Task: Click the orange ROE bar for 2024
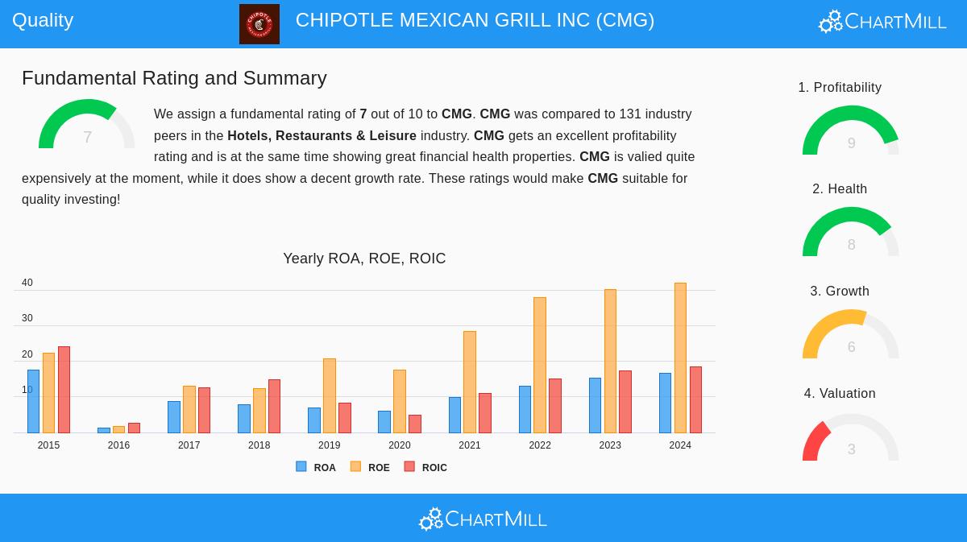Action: pos(680,358)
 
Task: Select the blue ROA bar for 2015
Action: pos(33,401)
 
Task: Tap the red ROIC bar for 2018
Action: pos(274,406)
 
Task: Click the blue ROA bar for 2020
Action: pos(384,422)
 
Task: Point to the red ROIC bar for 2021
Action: pos(485,413)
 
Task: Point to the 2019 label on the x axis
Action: pos(329,445)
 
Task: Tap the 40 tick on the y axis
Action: pos(27,283)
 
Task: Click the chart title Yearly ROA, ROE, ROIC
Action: pos(364,259)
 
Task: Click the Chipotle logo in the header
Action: pos(259,24)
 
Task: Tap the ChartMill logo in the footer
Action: pos(483,519)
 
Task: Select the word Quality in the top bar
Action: pos(43,20)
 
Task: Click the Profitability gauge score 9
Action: pos(851,143)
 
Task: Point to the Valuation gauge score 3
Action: pos(851,449)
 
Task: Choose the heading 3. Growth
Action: pos(840,292)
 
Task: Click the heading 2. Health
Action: pos(840,189)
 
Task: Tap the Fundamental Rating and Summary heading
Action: pos(174,78)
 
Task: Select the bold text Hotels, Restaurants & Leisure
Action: pos(322,136)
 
